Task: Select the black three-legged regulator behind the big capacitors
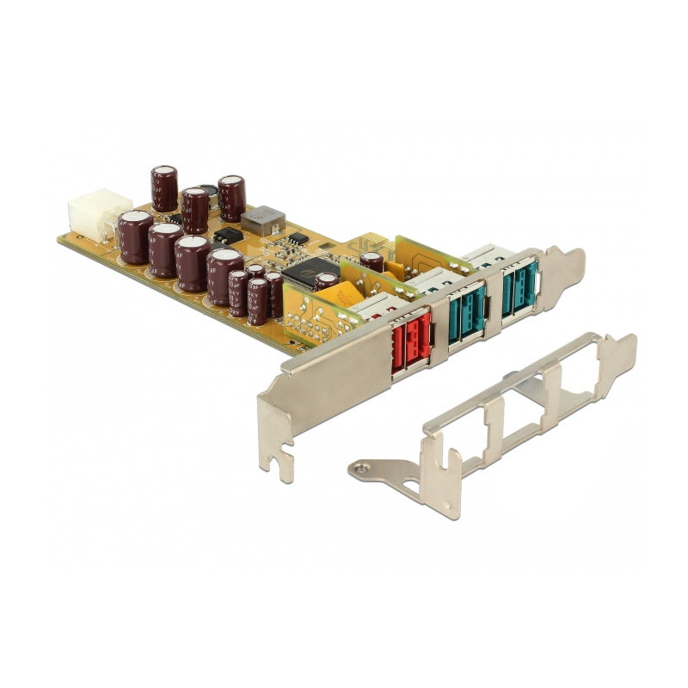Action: pyautogui.click(x=227, y=235)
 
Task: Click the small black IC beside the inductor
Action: pyautogui.click(x=298, y=237)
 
